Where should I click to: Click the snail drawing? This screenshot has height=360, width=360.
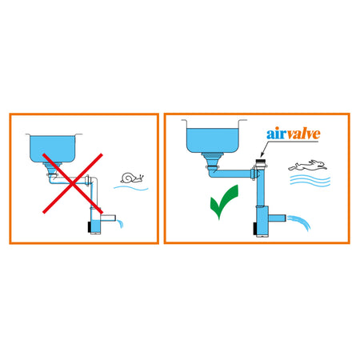coord(132,178)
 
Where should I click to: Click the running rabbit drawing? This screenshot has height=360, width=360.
coord(308,166)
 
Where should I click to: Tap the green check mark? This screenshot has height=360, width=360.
coord(223,202)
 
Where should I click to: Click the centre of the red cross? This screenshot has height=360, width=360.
coord(73,183)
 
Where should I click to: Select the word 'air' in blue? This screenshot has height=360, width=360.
coord(277,134)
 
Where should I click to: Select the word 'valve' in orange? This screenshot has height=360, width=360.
coord(303,134)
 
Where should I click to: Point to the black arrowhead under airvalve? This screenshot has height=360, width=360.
coord(262,155)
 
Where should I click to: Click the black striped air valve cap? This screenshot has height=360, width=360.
coord(260,162)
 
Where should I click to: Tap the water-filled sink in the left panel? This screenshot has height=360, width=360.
coord(53,148)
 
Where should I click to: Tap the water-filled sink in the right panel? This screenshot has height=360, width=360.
coord(213,139)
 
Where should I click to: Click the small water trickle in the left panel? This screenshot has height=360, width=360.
coord(120,223)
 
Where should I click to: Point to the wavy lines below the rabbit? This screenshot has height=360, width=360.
coord(310,181)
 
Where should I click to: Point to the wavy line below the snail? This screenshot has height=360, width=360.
coord(131,188)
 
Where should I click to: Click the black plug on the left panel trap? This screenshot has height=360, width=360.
coord(90,227)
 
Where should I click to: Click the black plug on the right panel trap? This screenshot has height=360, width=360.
coord(255,229)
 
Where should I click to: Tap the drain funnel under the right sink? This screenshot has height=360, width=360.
coord(213,160)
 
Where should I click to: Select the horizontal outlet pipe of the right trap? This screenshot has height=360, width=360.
coord(277,218)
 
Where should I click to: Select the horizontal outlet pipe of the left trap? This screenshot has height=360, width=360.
coord(108,218)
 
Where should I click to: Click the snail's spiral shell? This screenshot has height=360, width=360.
coord(127,178)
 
